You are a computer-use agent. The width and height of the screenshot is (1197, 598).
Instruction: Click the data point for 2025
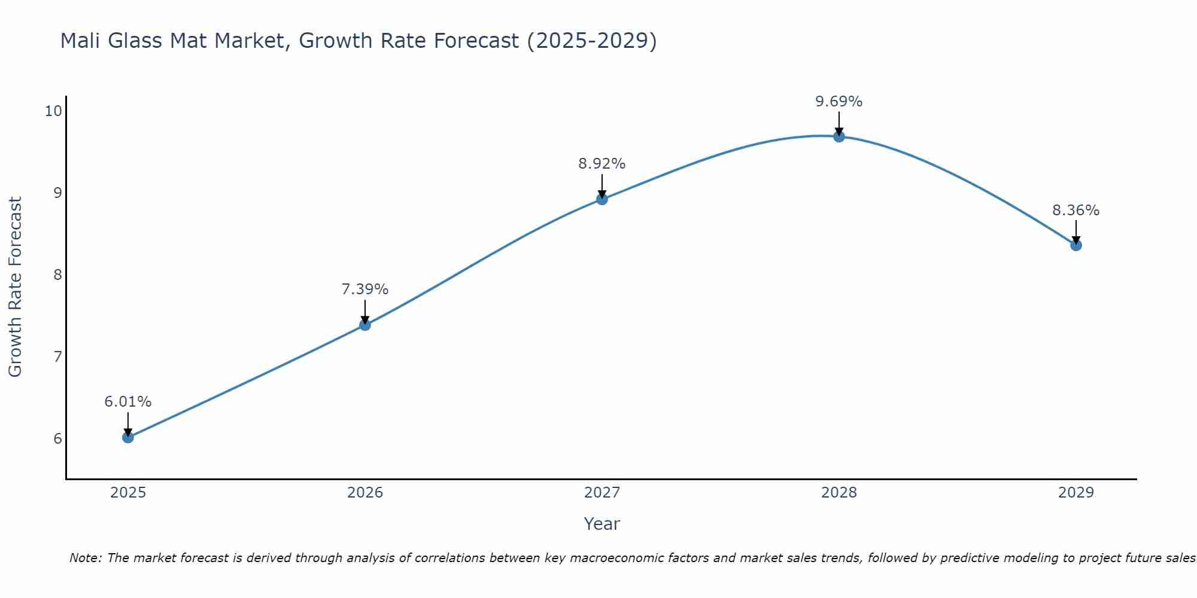pyautogui.click(x=128, y=437)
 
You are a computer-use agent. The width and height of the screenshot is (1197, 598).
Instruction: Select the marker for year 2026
pyautogui.click(x=365, y=325)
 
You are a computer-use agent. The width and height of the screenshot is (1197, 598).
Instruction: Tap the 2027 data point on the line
pyautogui.click(x=602, y=199)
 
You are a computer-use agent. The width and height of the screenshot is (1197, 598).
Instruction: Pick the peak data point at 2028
pyautogui.click(x=839, y=136)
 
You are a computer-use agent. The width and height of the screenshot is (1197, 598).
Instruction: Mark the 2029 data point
pyautogui.click(x=1076, y=245)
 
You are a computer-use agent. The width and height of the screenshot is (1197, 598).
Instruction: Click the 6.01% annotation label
pyautogui.click(x=128, y=402)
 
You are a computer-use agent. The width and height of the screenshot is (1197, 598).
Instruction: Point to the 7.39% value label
pyautogui.click(x=365, y=289)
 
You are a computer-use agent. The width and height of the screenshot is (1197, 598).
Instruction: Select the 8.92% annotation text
pyautogui.click(x=602, y=164)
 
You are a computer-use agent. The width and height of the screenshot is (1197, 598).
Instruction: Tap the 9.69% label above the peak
pyautogui.click(x=839, y=102)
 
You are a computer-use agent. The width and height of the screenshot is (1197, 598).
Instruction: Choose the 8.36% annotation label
pyautogui.click(x=1076, y=210)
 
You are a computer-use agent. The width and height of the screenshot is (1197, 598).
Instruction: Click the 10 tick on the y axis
pyautogui.click(x=53, y=111)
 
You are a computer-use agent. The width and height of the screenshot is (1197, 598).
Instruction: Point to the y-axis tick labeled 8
pyautogui.click(x=57, y=274)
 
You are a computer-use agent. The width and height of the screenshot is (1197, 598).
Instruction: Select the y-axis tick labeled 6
pyautogui.click(x=57, y=438)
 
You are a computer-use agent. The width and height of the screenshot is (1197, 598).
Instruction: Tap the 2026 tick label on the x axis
pyautogui.click(x=365, y=493)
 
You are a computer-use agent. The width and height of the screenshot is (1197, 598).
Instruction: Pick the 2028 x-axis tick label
pyautogui.click(x=839, y=493)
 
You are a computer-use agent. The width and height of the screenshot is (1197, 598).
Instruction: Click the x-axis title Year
pyautogui.click(x=602, y=524)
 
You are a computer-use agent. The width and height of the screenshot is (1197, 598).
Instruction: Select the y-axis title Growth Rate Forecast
pyautogui.click(x=16, y=287)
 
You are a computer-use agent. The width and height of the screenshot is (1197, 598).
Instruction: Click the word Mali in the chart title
pyautogui.click(x=81, y=41)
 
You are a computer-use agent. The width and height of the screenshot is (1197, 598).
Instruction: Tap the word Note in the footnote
pyautogui.click(x=87, y=558)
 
